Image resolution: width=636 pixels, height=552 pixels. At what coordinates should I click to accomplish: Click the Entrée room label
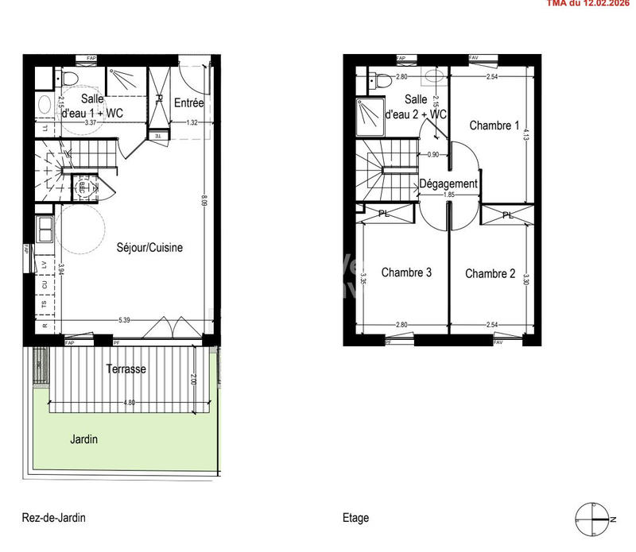point(189,102)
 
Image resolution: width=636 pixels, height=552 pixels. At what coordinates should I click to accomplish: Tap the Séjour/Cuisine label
point(149,247)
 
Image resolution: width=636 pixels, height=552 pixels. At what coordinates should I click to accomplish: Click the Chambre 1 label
point(494,125)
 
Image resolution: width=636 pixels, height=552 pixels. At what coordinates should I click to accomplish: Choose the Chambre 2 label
point(491,273)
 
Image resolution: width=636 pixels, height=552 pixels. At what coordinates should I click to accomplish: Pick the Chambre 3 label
point(406,272)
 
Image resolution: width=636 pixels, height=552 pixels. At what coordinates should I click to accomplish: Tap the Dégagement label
point(448,183)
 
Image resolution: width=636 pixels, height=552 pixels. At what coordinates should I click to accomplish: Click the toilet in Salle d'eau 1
point(68,79)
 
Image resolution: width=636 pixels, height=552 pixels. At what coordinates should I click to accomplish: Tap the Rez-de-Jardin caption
point(54,518)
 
